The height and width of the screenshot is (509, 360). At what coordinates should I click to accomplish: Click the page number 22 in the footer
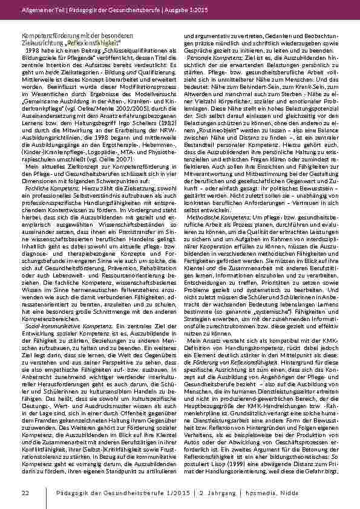[25, 494]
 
